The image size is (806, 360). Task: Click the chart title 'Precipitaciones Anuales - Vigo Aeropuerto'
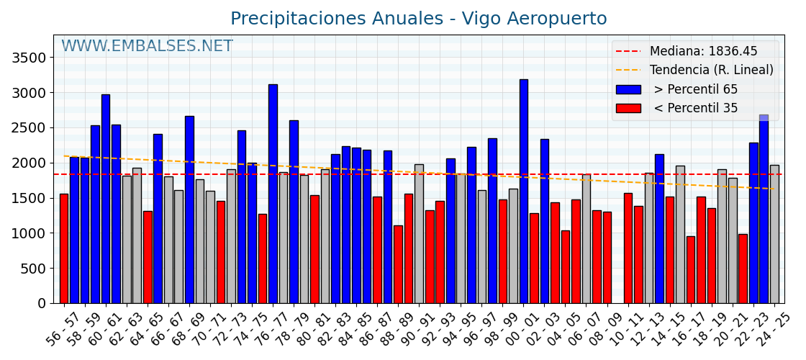click(418, 19)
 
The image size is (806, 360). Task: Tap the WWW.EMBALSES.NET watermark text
click(147, 47)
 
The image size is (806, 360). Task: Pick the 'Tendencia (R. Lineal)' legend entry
click(711, 71)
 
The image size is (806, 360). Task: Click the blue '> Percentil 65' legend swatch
click(628, 89)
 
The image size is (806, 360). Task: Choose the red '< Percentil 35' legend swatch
click(628, 108)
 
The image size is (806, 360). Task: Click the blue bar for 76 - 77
click(273, 194)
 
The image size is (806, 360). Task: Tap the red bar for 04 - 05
click(565, 266)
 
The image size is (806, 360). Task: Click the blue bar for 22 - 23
click(764, 209)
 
